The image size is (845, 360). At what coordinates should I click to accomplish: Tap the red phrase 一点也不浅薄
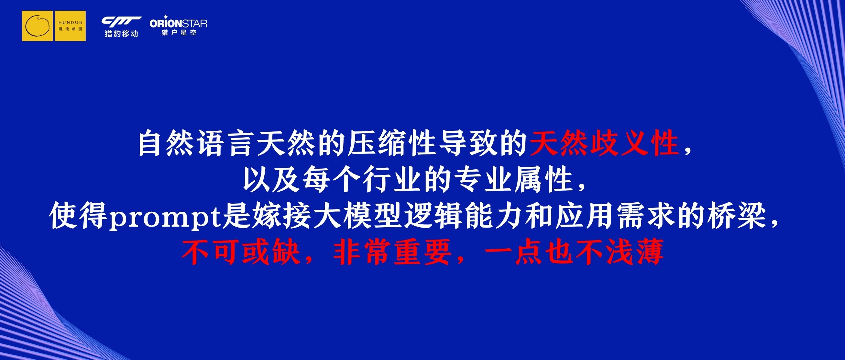click(x=574, y=253)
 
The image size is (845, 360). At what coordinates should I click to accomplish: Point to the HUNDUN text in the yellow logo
click(x=70, y=23)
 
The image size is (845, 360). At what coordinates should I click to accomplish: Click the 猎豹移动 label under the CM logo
click(x=121, y=33)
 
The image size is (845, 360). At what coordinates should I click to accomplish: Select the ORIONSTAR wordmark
click(x=178, y=23)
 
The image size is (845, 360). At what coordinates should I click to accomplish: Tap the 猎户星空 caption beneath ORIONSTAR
click(x=179, y=32)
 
